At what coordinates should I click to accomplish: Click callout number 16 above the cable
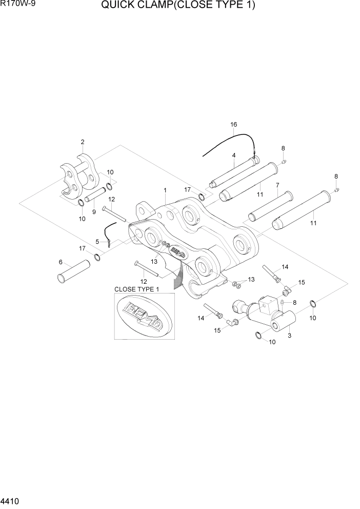pyautogui.click(x=233, y=125)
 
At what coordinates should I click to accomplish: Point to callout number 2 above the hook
pyautogui.click(x=83, y=142)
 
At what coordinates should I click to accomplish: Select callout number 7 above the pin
pyautogui.click(x=277, y=185)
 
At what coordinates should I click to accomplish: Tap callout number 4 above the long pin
pyautogui.click(x=233, y=155)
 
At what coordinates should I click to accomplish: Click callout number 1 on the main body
pyautogui.click(x=165, y=190)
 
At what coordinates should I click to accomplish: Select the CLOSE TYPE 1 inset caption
pyautogui.click(x=137, y=289)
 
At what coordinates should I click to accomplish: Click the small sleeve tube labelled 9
pyautogui.click(x=96, y=195)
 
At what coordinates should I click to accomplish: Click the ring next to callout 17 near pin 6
pyautogui.click(x=96, y=257)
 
